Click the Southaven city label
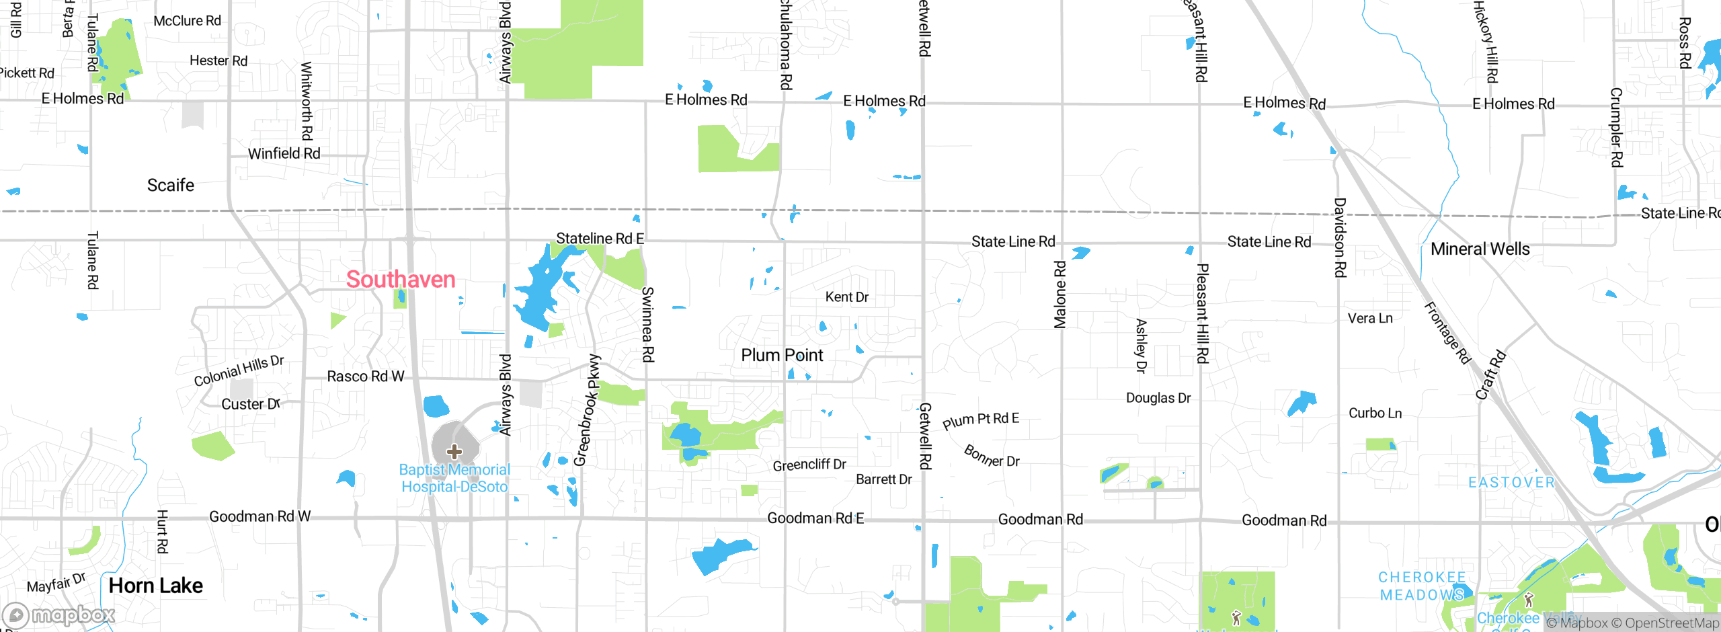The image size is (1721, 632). tap(401, 279)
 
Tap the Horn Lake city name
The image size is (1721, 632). tap(156, 586)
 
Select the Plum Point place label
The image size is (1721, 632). tap(782, 355)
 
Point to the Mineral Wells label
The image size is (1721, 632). tap(1480, 249)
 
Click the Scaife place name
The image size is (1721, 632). tap(171, 185)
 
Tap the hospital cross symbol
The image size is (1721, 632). tap(454, 451)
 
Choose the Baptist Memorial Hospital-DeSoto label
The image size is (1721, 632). tap(454, 478)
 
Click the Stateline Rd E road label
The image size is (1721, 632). tap(600, 238)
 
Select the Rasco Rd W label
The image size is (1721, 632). tap(366, 376)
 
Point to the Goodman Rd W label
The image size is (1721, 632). tap(259, 516)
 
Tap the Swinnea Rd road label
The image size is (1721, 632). tap(647, 324)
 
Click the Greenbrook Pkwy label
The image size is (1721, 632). tap(586, 410)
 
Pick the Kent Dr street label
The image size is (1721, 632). tap(846, 297)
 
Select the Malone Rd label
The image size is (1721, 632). tap(1060, 294)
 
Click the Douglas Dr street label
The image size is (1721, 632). tap(1158, 398)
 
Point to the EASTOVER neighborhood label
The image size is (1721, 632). tap(1511, 483)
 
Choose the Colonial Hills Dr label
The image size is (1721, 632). tap(239, 370)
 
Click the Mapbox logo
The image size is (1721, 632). tap(59, 615)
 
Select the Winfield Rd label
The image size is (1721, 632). tap(284, 153)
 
